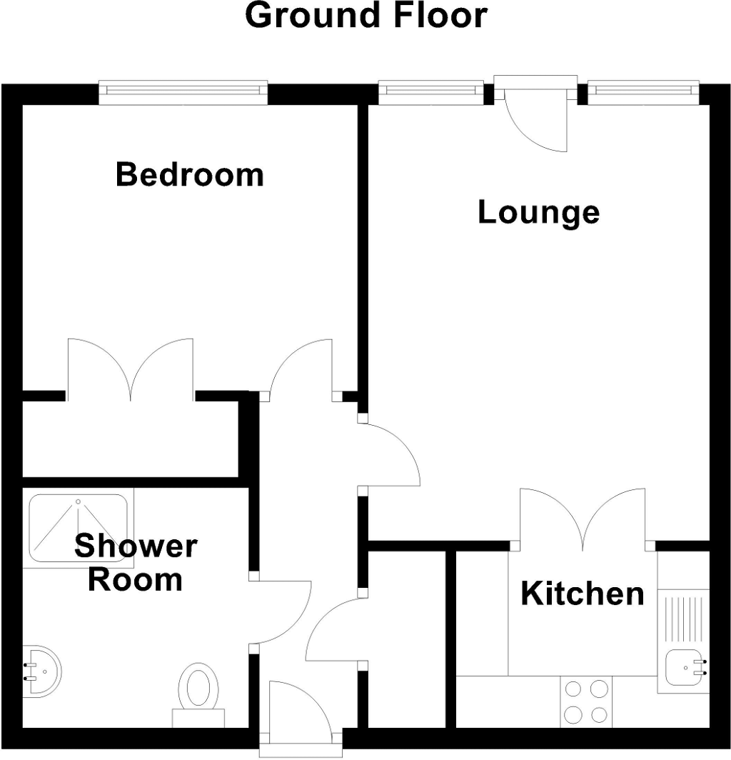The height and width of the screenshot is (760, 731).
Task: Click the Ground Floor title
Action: pos(366,15)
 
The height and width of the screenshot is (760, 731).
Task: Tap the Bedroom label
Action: pos(189,174)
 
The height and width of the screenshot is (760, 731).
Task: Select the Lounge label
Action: pos(538,212)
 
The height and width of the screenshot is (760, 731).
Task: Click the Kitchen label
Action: pos(582,594)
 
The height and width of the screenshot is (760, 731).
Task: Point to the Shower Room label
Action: pos(136,563)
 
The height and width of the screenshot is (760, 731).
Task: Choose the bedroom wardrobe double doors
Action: pos(130,368)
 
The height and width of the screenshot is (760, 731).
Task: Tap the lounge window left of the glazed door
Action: pos(431,90)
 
